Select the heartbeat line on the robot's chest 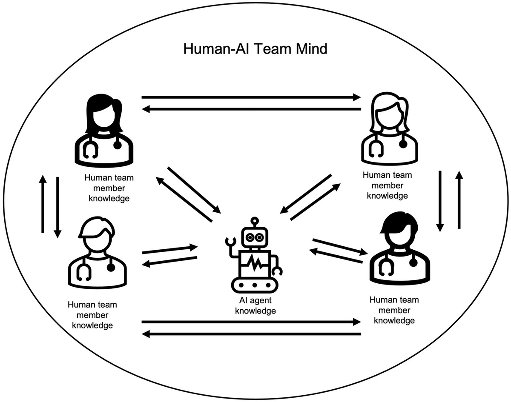[x=255, y=264]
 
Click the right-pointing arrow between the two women [x=251, y=97]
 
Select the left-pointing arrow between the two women [x=251, y=109]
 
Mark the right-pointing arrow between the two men [x=251, y=322]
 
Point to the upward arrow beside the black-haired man [x=459, y=200]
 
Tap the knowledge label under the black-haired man [x=394, y=310]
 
